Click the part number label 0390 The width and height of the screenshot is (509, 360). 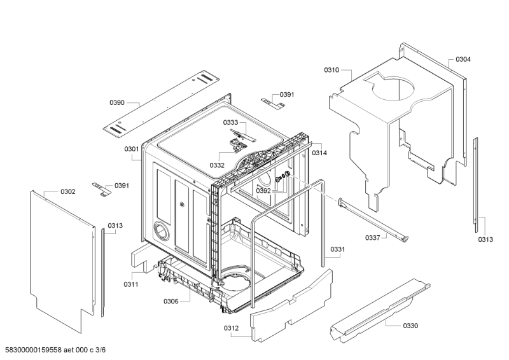point(117,102)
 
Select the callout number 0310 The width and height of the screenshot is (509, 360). point(331,69)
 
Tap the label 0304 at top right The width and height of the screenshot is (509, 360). point(463,60)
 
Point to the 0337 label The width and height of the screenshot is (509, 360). point(373,237)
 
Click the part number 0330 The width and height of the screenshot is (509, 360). point(410,326)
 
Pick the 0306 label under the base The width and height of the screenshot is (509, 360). point(171,301)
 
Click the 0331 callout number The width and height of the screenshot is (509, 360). point(338,249)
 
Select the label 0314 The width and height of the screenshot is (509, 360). point(319,153)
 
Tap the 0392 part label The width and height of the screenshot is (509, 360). point(263,190)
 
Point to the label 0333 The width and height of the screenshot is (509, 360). point(230,122)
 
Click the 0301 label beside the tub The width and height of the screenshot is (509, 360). point(132,149)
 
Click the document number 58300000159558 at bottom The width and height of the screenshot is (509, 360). point(36,350)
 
